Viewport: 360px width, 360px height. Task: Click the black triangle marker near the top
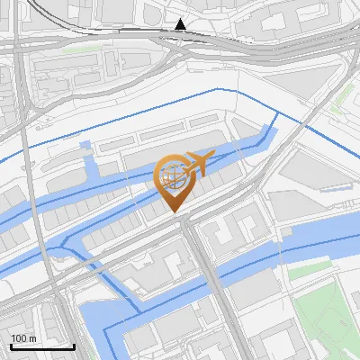coord(181,24)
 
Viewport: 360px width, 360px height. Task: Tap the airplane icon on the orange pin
coord(198,163)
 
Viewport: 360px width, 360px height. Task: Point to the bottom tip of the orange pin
coord(174,212)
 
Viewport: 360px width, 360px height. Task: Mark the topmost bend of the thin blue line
coord(219,90)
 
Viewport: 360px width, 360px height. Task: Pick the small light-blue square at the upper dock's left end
coord(85,144)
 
